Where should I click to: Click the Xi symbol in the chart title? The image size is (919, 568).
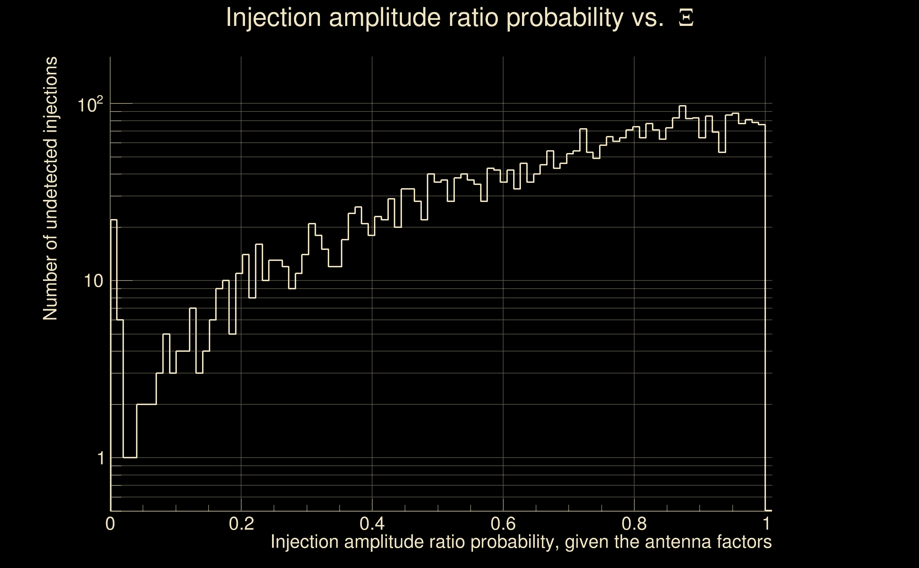point(686,18)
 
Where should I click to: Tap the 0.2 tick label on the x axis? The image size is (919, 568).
point(241,523)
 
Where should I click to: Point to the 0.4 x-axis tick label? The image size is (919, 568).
point(372,523)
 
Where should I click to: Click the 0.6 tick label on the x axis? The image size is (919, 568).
point(503,523)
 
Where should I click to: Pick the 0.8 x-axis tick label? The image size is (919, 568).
point(634,523)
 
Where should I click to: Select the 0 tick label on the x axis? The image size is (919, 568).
point(110,523)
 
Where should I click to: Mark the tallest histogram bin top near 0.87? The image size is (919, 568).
point(682,106)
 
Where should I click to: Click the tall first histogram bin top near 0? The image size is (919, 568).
point(114,220)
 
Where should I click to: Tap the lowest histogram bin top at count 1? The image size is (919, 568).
point(130,458)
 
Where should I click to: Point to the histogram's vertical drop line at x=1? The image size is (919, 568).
point(765,319)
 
